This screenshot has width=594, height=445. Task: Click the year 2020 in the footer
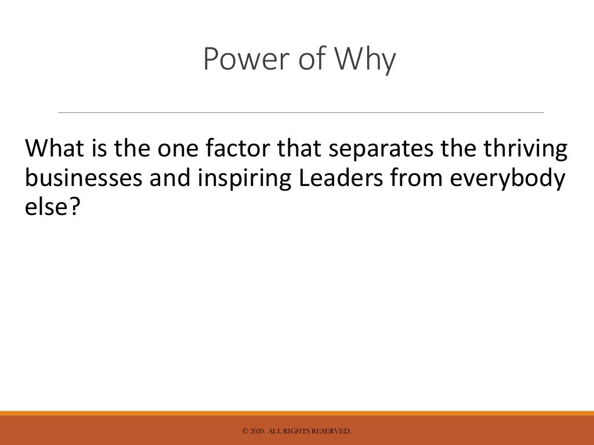(258, 431)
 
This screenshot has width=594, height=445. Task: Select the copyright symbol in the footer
(245, 431)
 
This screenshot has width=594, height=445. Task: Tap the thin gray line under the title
(301, 112)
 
